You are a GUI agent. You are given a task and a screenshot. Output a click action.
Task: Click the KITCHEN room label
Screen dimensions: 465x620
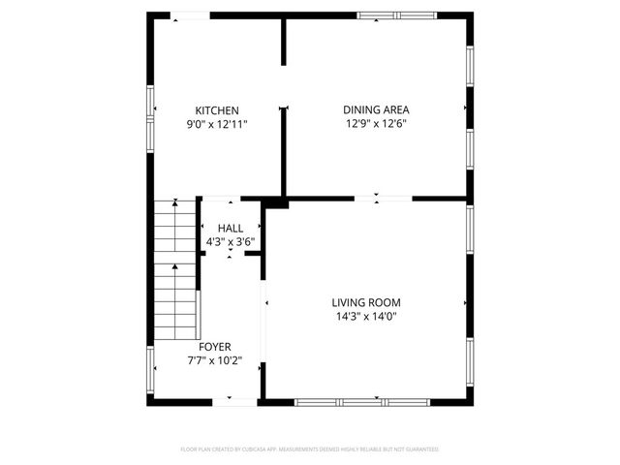[x=217, y=110]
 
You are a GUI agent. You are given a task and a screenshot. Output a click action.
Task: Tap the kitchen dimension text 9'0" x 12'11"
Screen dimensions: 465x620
[x=217, y=124]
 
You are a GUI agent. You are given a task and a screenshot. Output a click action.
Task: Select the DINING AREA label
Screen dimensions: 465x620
[x=376, y=110]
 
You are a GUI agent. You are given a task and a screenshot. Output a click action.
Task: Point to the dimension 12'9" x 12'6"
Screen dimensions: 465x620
[x=376, y=124]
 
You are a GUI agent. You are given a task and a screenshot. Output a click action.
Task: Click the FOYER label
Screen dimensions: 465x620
[x=215, y=347]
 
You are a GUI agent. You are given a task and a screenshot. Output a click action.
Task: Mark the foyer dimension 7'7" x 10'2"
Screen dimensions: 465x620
[x=215, y=360]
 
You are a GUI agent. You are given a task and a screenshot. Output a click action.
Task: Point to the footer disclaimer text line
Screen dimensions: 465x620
[x=310, y=449]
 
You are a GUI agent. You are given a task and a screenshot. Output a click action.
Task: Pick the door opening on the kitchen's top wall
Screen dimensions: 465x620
[x=190, y=15]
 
